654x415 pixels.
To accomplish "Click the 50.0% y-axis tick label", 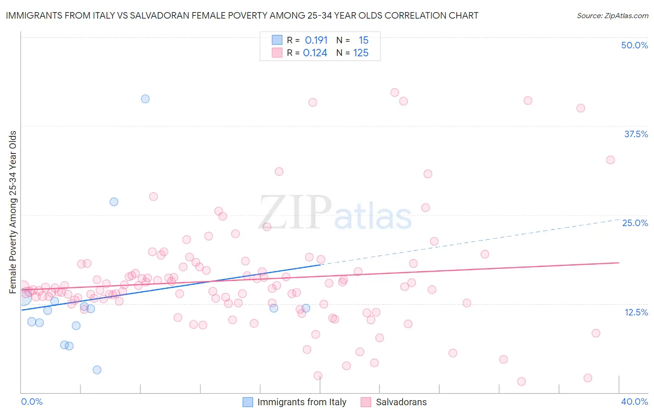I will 634,45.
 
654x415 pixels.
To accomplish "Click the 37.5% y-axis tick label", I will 636,134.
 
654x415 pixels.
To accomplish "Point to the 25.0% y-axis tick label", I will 635,223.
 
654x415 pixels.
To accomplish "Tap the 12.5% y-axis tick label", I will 636,312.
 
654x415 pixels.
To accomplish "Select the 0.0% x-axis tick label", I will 32,402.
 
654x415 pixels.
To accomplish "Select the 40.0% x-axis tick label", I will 634,402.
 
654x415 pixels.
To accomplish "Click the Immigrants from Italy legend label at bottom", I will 301,402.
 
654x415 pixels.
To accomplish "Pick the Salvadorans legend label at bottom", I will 401,402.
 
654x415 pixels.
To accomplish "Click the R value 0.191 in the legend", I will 316,40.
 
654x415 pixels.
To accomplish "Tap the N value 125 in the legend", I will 361,53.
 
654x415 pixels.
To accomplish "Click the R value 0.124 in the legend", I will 315,53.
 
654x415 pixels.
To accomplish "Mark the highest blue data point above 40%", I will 145,99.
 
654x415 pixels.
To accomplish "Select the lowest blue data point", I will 97,370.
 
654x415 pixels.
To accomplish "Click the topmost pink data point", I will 394,92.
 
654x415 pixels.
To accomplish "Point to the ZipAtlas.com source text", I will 612,16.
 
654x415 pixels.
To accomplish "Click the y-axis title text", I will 13,212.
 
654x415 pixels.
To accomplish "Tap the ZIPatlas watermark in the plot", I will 335,213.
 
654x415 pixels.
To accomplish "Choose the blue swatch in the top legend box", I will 277,40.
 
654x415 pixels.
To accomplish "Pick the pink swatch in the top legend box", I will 277,53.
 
